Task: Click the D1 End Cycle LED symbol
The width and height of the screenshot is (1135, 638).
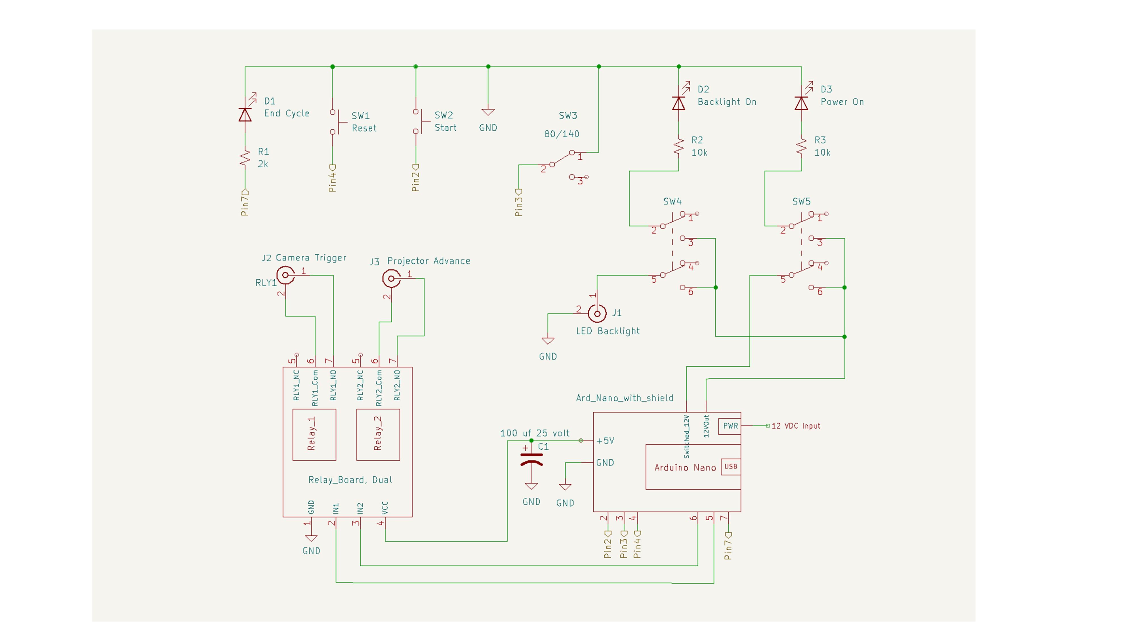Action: (245, 114)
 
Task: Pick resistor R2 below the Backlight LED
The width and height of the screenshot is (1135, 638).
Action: (678, 146)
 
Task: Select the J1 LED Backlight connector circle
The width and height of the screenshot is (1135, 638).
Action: (597, 314)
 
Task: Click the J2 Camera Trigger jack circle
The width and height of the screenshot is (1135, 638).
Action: (285, 275)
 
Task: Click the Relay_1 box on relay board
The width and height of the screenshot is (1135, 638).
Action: (314, 435)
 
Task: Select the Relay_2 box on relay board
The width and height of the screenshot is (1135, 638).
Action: (378, 435)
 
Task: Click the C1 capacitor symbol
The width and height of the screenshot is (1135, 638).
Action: (531, 458)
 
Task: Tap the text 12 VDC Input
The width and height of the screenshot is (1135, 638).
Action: (796, 426)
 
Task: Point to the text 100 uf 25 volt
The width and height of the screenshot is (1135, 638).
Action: (535, 433)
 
